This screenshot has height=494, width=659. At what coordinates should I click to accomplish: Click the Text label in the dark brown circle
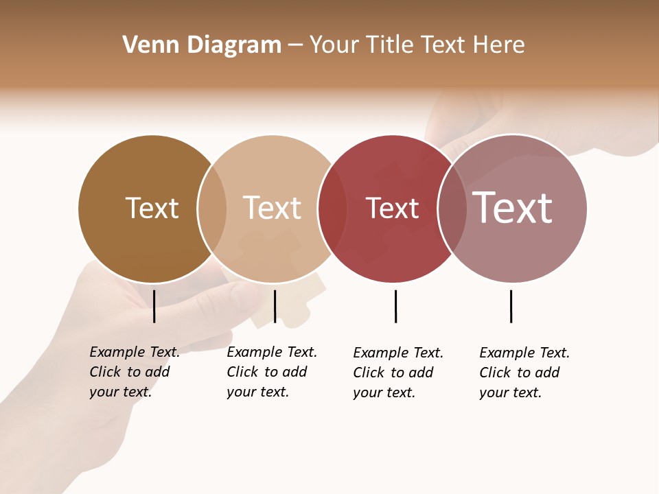pos(152,208)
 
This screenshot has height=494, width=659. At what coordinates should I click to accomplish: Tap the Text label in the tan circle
pos(272,208)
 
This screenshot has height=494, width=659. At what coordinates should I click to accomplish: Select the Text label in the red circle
pos(392,208)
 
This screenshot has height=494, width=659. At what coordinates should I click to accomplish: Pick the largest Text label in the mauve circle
pos(512,208)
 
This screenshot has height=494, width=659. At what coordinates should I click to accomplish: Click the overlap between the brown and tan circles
pos(212,209)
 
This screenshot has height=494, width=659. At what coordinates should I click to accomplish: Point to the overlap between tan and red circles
pos(332,209)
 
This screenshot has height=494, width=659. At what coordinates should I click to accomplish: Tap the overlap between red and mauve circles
pos(452,209)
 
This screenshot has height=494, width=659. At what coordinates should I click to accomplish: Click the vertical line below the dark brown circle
pos(154,306)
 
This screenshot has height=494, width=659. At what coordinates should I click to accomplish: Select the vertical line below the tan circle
pos(275,306)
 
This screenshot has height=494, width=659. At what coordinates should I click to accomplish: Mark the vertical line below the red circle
pos(395,306)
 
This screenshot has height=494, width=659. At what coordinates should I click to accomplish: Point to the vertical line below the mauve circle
pos(511,306)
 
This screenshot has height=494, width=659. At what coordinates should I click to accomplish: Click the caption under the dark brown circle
pos(134,372)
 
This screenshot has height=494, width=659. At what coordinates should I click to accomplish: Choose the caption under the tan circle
pos(271,372)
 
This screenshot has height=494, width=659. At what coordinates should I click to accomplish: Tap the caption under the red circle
pos(397,373)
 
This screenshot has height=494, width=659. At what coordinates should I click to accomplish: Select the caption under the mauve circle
pos(524,373)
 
